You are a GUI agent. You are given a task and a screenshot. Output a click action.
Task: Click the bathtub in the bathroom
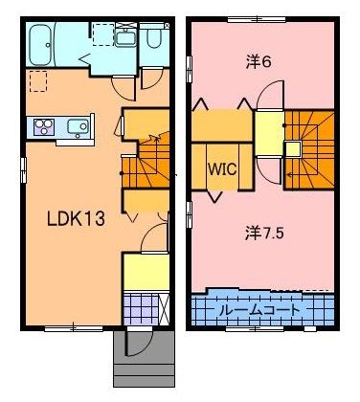[x=49, y=43]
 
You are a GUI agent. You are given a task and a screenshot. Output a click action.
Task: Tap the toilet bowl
[x=155, y=39]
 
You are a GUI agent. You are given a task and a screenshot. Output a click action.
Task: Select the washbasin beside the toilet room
[x=125, y=40]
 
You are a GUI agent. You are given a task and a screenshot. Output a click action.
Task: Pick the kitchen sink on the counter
[x=79, y=126]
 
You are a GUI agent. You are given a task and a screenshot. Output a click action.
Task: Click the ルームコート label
[x=261, y=310]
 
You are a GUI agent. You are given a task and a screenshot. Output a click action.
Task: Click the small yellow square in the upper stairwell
[x=291, y=147]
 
